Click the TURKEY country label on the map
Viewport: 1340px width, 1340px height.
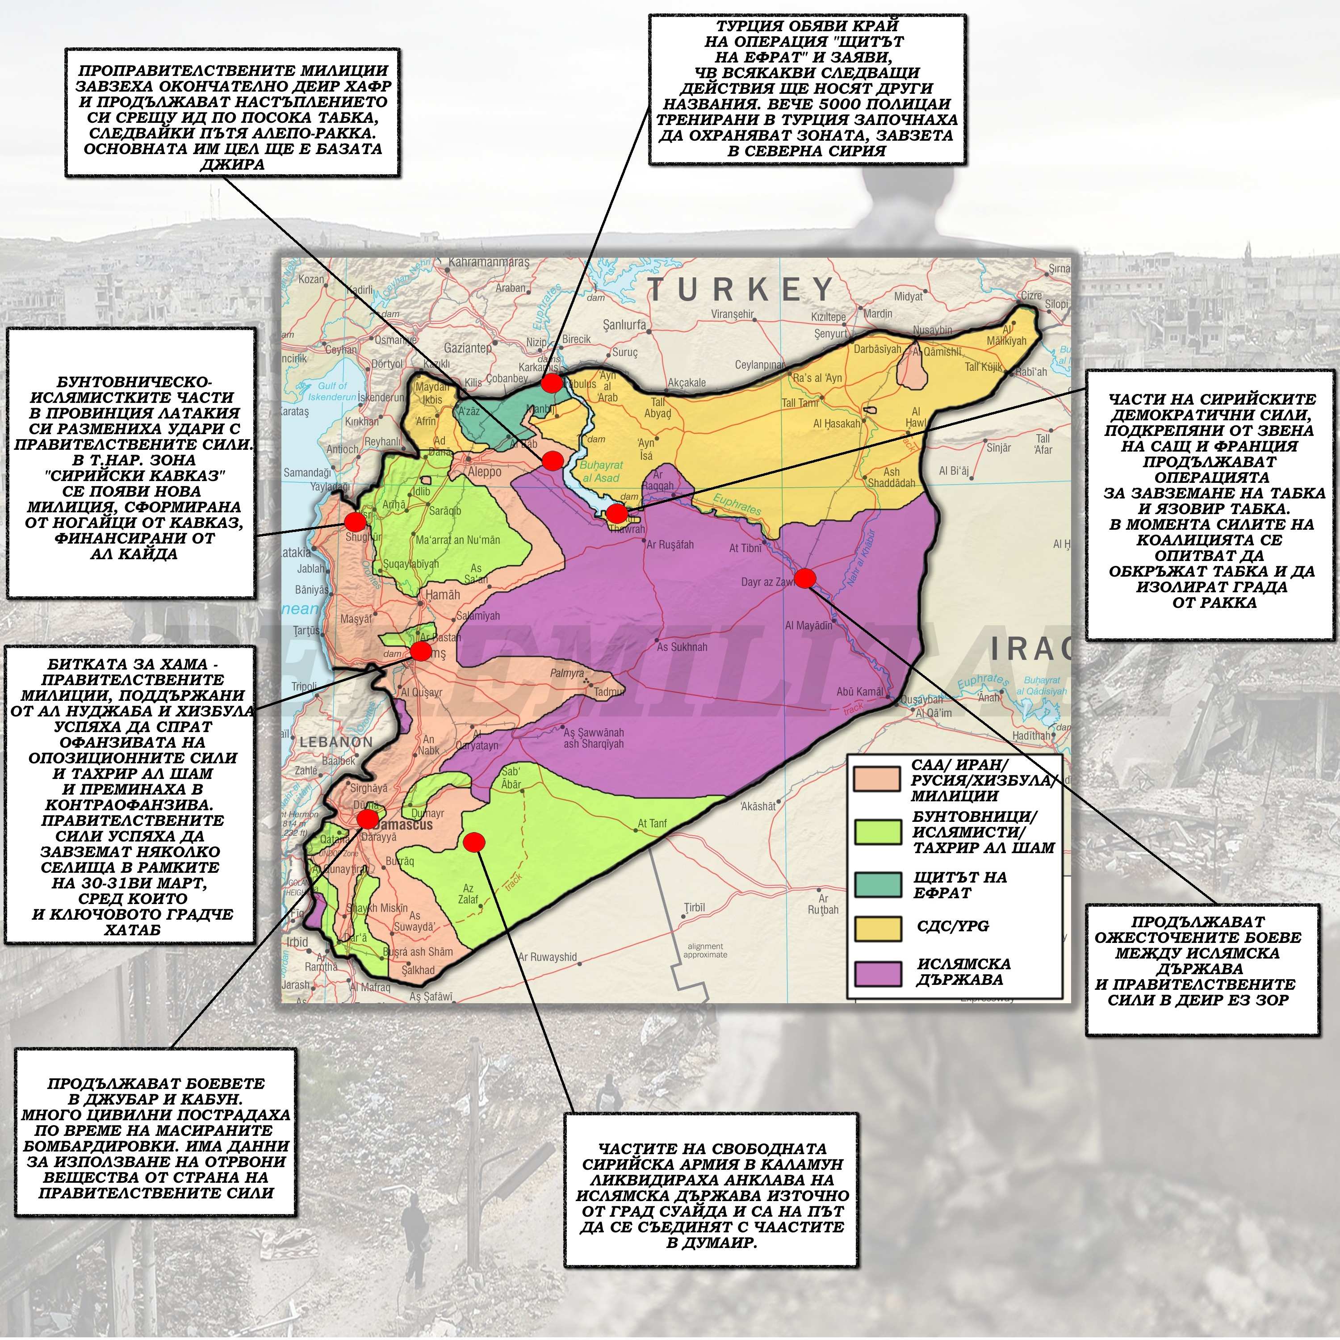(x=741, y=289)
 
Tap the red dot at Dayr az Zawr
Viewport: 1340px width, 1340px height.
(x=804, y=578)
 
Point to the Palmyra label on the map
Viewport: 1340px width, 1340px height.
(x=567, y=673)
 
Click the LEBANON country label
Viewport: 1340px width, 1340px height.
(x=336, y=741)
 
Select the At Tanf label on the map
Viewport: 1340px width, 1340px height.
(x=652, y=823)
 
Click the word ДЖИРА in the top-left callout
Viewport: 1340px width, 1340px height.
(x=232, y=164)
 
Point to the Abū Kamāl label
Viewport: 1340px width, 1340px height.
(x=860, y=691)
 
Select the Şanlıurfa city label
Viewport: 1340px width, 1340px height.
(x=624, y=325)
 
